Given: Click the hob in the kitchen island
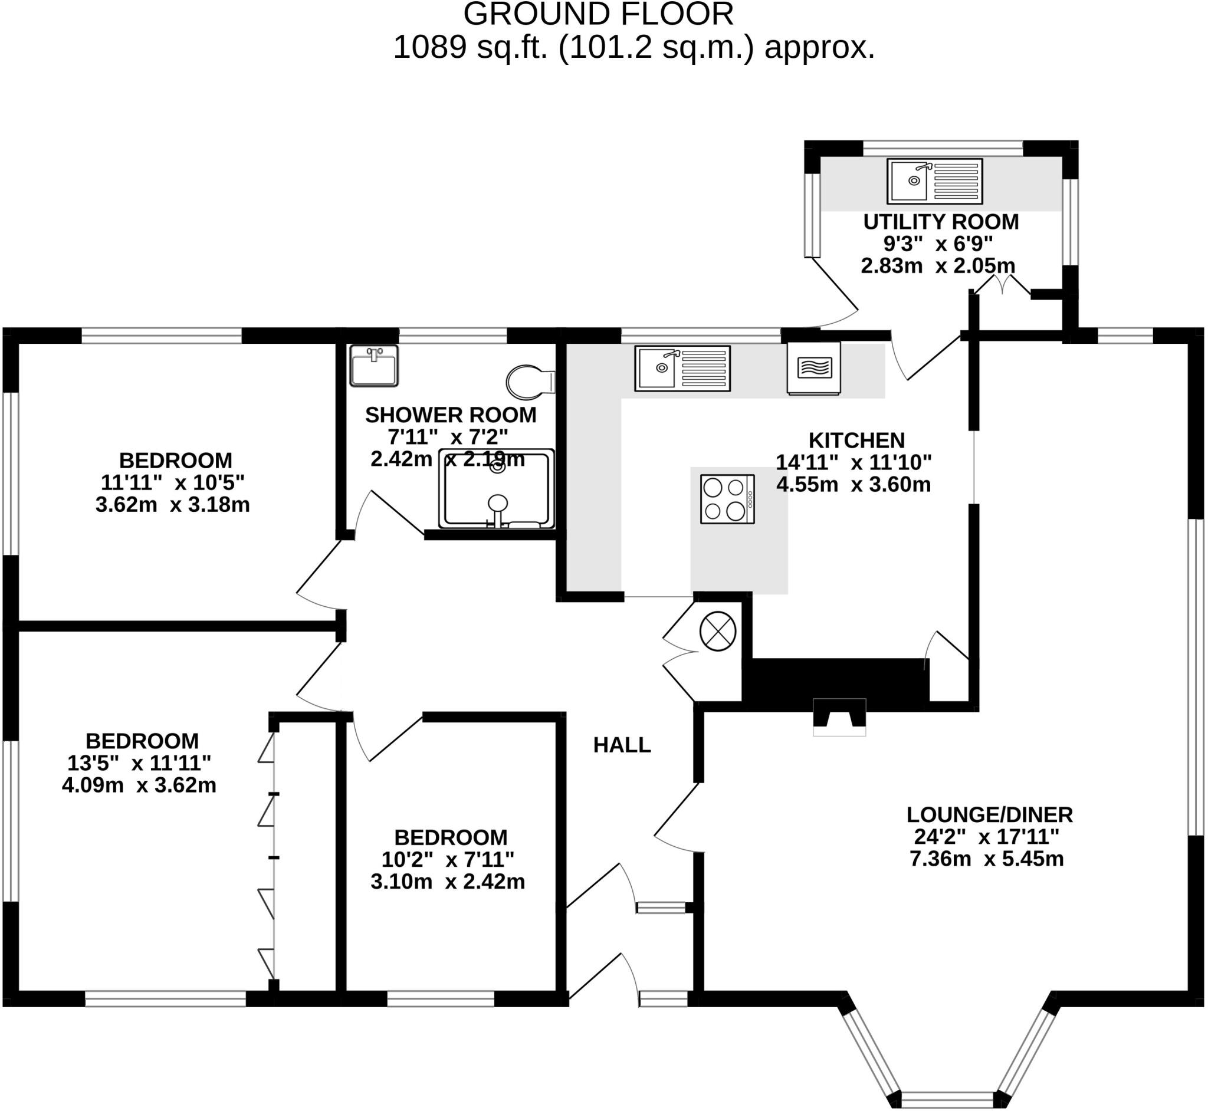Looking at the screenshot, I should [x=727, y=499].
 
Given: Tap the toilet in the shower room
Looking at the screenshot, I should [x=530, y=382].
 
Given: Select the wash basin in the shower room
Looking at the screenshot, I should [x=374, y=366].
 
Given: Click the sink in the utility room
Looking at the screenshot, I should [x=934, y=181].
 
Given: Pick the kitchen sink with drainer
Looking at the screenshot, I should [x=682, y=368].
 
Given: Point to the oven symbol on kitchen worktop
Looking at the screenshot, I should [x=814, y=368].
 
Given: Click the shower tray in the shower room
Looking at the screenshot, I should [x=497, y=489].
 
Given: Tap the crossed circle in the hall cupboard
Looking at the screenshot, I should [x=718, y=630].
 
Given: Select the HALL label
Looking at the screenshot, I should [x=622, y=745].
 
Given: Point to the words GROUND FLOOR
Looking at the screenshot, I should [x=598, y=14].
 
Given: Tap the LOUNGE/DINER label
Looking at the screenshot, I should [x=989, y=814].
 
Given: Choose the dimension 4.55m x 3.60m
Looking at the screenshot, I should [x=854, y=485].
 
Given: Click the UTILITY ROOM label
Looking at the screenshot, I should [x=941, y=222].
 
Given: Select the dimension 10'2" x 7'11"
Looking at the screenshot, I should [x=448, y=860].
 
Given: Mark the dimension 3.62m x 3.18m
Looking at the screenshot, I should [x=173, y=504].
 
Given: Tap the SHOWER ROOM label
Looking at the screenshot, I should [x=451, y=415].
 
